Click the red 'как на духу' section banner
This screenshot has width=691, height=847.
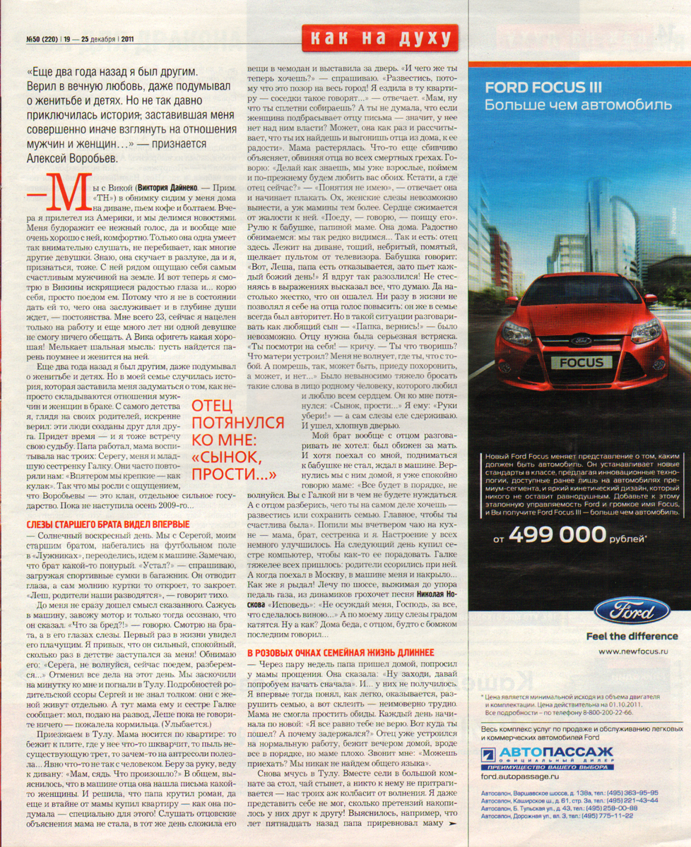click(x=379, y=37)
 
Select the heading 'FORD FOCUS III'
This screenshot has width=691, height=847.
click(x=543, y=88)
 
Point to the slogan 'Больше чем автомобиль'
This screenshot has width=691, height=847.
click(x=578, y=105)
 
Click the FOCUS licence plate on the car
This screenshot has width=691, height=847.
click(x=581, y=363)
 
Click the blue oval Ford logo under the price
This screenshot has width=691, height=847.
click(x=632, y=610)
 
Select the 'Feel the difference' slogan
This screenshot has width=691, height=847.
click(x=632, y=636)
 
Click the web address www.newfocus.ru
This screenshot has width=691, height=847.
click(x=633, y=651)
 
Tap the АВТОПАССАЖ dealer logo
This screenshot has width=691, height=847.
click(x=547, y=753)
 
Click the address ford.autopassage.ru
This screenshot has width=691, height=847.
click(x=519, y=776)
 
